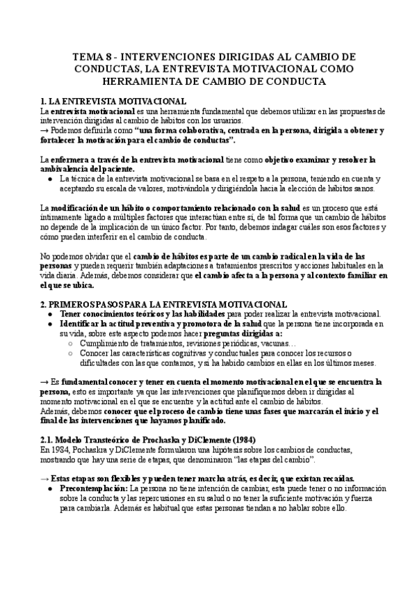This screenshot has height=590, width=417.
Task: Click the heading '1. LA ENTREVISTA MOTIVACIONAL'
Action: point(113,101)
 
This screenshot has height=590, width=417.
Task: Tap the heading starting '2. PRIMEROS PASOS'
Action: point(163,304)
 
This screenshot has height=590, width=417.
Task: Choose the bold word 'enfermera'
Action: point(71,159)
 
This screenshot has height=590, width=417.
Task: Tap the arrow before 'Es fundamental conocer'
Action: point(45,382)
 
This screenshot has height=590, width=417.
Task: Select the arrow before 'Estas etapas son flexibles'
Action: point(45,478)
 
